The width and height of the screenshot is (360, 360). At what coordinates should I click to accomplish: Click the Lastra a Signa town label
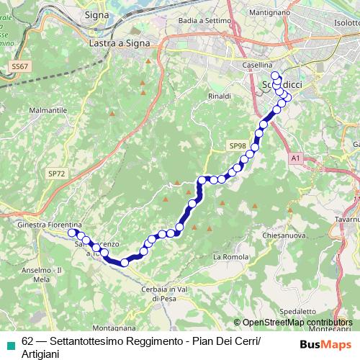click(120, 44)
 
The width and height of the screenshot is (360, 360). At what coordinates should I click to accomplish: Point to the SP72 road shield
click(56, 173)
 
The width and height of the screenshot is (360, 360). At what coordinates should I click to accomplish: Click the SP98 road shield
click(238, 145)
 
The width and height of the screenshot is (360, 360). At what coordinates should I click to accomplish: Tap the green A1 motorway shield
click(296, 156)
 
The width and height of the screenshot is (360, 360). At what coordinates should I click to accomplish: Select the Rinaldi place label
click(219, 95)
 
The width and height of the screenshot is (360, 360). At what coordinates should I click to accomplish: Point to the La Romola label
click(230, 256)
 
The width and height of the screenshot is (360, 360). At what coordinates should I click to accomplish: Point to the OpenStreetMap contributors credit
click(297, 323)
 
